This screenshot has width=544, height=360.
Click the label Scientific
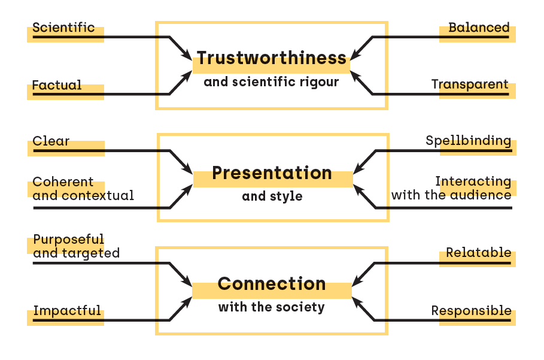point(63,28)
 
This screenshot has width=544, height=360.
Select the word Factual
point(57,85)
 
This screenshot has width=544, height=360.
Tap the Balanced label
point(479,28)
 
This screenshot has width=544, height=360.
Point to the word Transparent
point(470,84)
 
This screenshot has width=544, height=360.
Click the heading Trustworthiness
point(272,58)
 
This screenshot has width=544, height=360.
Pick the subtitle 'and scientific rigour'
point(271,82)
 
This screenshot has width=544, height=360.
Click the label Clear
point(51,142)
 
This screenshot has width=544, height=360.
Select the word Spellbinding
point(468,141)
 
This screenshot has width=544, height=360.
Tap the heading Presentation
point(272,173)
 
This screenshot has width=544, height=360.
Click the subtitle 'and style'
point(272,196)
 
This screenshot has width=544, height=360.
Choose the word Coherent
point(63,182)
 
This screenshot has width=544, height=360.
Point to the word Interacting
point(473,181)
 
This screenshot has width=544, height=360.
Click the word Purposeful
point(68,240)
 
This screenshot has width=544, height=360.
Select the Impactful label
point(67,310)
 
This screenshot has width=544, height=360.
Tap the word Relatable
point(478,253)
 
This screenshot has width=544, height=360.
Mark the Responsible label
point(471,311)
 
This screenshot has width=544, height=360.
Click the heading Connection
point(272,284)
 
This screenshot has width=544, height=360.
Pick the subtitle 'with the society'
point(271,308)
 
